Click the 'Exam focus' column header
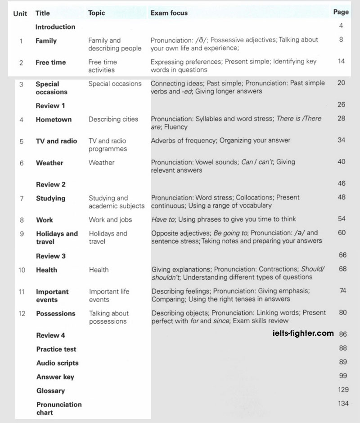169,13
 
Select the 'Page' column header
341,12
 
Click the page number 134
343,403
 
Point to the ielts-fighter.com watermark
303,333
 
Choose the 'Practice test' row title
56,349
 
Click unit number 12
22,313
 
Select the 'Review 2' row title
50,184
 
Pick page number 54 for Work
342,219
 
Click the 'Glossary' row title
50,391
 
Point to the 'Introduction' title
55,27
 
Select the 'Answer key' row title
55,377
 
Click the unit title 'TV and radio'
56,141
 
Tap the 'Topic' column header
96,13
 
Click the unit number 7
22,198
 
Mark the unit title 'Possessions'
56,313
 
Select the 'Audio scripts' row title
57,363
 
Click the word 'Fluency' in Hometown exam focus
175,127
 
